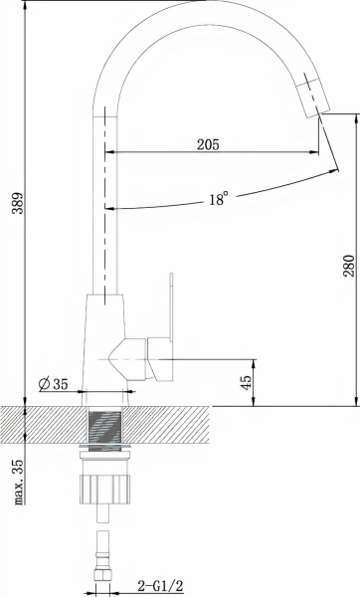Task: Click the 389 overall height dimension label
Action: [x=18, y=203]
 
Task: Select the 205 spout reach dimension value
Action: [x=208, y=144]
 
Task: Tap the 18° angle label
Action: [x=219, y=199]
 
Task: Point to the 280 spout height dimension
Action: [x=349, y=266]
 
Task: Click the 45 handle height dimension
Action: [x=247, y=382]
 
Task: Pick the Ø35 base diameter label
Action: [x=54, y=384]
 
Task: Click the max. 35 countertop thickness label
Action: [x=18, y=482]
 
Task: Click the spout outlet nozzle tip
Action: [x=313, y=96]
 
